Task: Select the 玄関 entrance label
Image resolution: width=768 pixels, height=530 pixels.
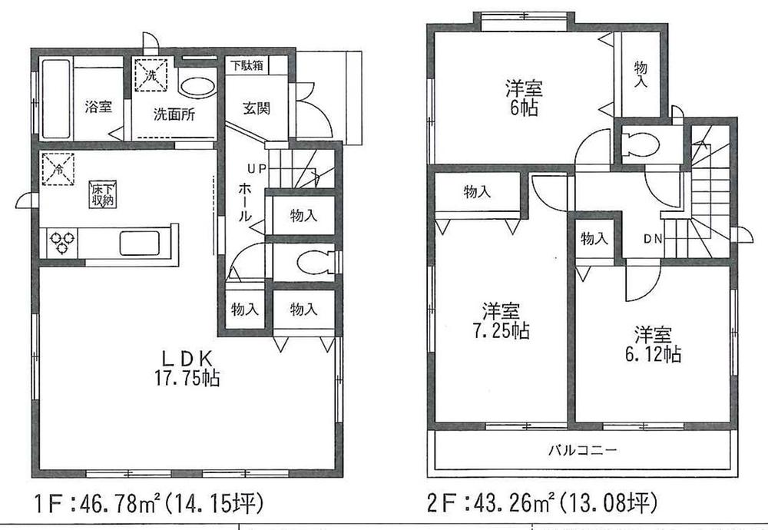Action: click(x=256, y=108)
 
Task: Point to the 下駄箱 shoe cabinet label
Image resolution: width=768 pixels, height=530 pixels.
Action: click(x=245, y=65)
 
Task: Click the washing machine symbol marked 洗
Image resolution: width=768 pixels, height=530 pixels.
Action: click(x=151, y=76)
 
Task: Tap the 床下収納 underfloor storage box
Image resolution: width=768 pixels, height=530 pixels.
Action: click(x=102, y=194)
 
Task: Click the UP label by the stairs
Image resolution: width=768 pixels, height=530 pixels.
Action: click(x=256, y=167)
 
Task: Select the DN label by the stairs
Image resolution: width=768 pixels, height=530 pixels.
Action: click(x=653, y=239)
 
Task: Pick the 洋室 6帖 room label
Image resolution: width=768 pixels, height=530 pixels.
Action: click(x=522, y=96)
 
